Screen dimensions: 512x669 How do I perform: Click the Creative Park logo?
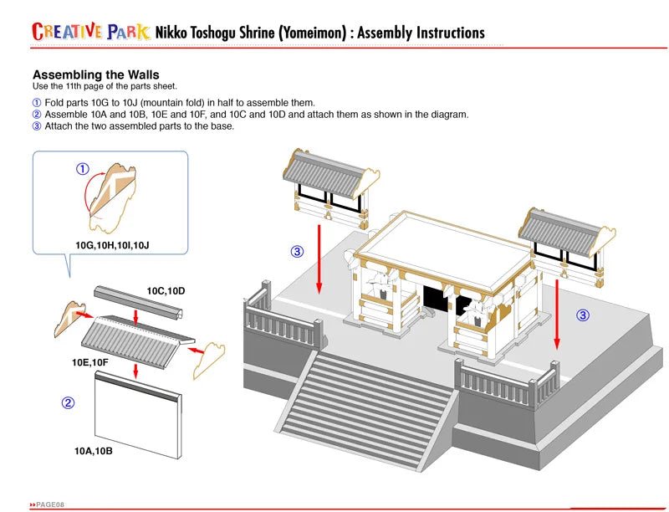(91, 32)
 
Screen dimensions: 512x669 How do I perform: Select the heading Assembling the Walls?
(95, 74)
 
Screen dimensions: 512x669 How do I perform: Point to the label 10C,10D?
(166, 290)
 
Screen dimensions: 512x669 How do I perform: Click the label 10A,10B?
(93, 451)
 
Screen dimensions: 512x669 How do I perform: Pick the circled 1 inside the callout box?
(83, 168)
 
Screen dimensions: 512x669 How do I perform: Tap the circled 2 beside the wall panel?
(69, 402)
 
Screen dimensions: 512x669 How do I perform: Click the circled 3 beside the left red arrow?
(297, 251)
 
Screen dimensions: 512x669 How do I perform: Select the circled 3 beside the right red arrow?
(583, 315)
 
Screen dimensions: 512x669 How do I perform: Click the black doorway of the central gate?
(436, 298)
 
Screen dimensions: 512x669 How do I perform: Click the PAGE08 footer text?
(49, 504)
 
